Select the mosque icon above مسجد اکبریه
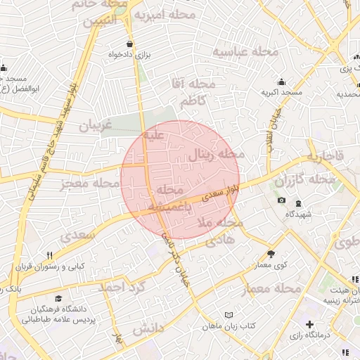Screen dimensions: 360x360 (x=282, y=82)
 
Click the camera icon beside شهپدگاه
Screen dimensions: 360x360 (x=282, y=200)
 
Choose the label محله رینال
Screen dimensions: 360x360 (x=217, y=154)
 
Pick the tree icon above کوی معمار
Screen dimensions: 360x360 (x=271, y=254)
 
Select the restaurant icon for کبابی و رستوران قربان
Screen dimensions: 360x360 (x=49, y=255)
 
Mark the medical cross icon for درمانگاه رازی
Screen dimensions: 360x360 (x=309, y=324)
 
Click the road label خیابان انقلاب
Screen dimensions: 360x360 (x=271, y=129)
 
